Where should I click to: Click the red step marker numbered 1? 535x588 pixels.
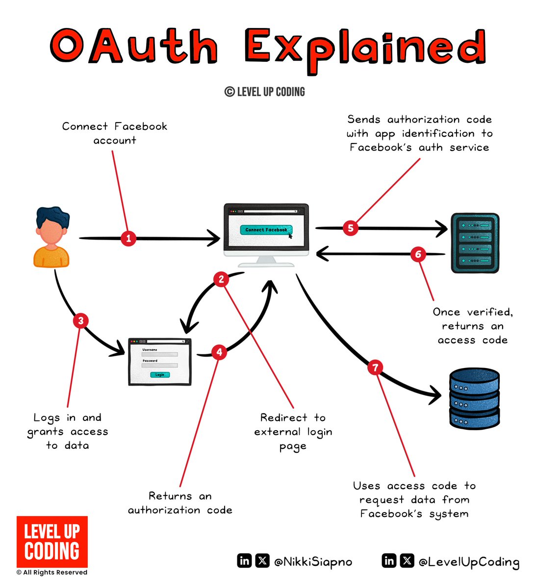click(128, 239)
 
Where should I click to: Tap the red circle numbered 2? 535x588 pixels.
click(221, 279)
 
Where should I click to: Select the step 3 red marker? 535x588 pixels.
click(80, 321)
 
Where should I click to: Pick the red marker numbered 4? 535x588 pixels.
click(219, 352)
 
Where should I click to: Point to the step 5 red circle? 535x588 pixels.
click(350, 228)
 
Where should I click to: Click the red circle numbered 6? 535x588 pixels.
click(418, 254)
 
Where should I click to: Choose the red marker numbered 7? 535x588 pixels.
click(375, 367)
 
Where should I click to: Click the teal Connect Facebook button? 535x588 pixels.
click(266, 230)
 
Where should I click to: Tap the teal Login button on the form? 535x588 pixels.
click(160, 375)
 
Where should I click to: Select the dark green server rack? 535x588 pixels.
click(474, 243)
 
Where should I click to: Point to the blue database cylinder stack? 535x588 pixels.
click(474, 398)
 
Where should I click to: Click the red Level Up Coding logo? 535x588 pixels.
click(52, 541)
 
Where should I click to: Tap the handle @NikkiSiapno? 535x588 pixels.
click(313, 562)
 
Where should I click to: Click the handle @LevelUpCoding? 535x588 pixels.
click(469, 562)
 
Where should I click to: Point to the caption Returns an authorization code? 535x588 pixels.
click(180, 503)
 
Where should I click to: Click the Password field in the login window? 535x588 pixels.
click(160, 366)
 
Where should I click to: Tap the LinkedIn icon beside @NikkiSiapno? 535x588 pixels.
click(244, 561)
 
